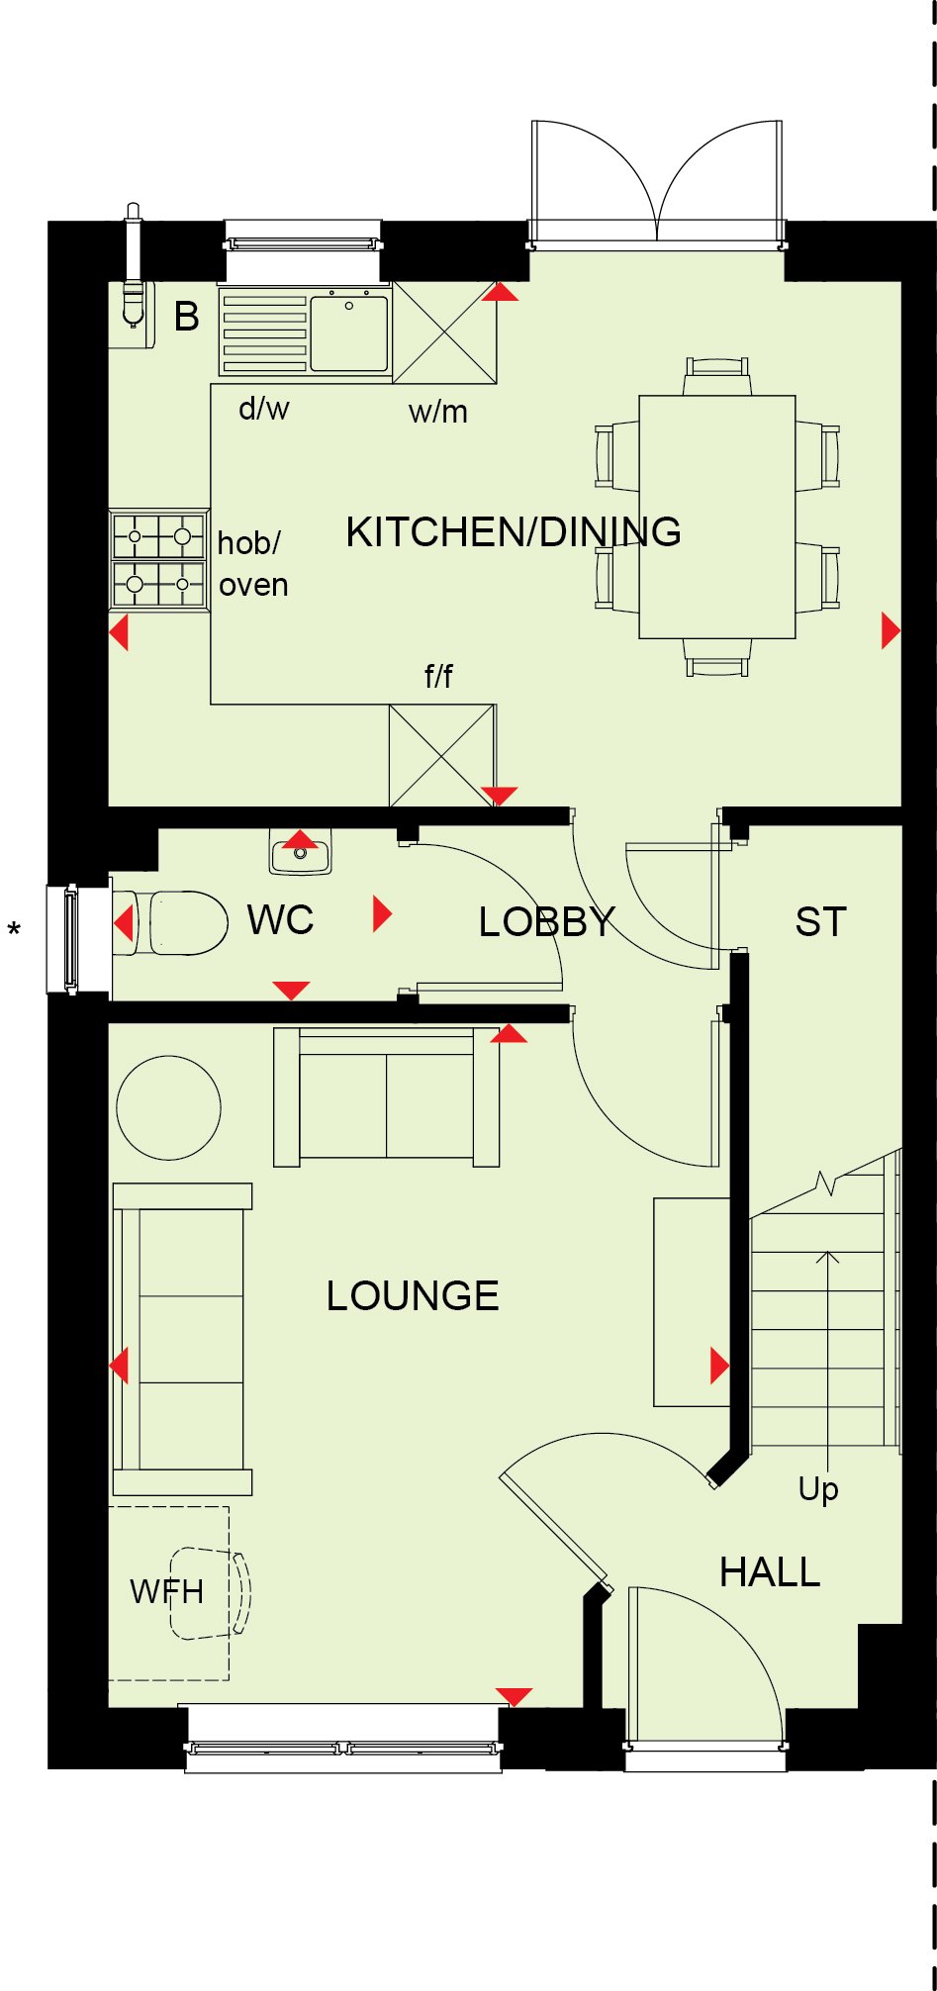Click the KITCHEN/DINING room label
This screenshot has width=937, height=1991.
click(x=514, y=531)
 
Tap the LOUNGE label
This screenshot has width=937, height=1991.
click(x=413, y=1295)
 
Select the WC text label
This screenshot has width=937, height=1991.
click(x=280, y=920)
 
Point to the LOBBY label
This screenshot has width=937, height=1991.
click(x=546, y=922)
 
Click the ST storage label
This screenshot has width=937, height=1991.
click(x=820, y=922)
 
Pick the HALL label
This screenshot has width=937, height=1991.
click(x=770, y=1572)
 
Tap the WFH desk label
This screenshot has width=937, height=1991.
click(x=166, y=1592)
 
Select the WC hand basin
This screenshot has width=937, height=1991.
click(x=301, y=852)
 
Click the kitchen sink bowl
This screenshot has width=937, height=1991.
click(x=349, y=333)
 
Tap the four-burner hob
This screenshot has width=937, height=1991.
click(x=158, y=559)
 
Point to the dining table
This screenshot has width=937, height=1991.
click(x=717, y=517)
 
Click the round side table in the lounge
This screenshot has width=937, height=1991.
click(x=169, y=1107)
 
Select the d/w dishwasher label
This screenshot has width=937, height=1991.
click(x=264, y=408)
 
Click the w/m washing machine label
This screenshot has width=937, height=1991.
click(x=438, y=412)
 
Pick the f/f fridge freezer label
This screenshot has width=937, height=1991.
click(x=438, y=676)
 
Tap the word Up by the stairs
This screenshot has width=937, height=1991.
click(x=818, y=1489)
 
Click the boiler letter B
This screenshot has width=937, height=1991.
click(x=187, y=317)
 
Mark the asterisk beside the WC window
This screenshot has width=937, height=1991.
click(x=14, y=930)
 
